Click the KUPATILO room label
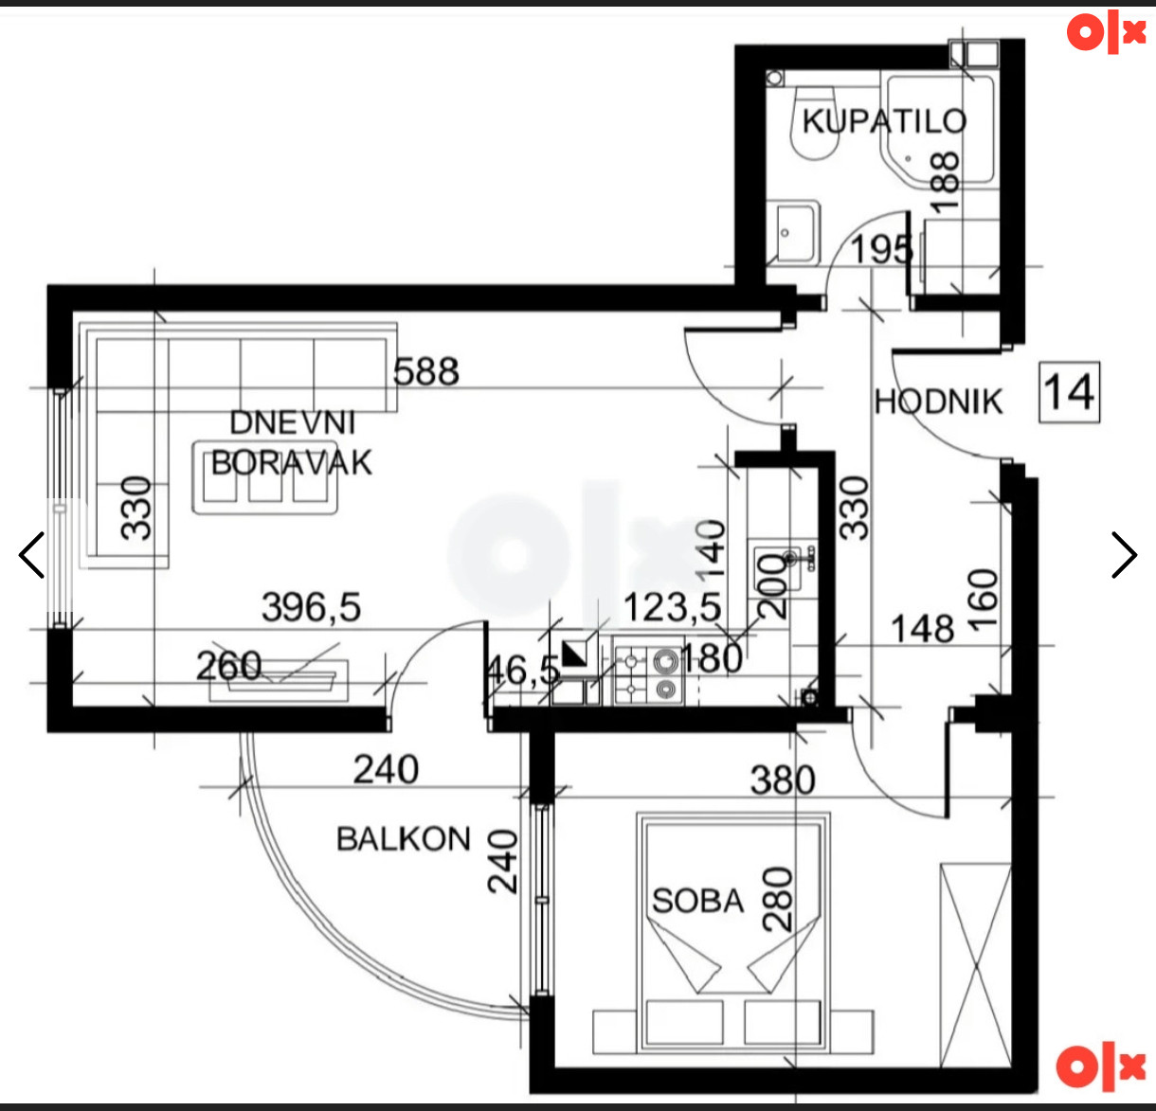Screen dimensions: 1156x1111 [884, 121]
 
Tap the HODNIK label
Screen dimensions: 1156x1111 [938, 402]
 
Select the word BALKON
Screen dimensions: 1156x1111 [404, 839]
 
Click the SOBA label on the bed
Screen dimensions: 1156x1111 [698, 901]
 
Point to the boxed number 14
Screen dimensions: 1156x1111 [1069, 392]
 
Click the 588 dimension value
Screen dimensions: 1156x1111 [426, 371]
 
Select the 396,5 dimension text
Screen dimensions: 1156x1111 [312, 607]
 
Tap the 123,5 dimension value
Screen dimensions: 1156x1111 [673, 607]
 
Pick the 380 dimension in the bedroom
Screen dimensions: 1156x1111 [783, 779]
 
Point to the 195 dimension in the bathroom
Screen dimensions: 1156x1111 [881, 249]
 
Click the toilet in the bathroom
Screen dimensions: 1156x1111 [815, 123]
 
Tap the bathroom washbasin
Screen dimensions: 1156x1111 [793, 232]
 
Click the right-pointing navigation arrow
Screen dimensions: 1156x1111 [1125, 555]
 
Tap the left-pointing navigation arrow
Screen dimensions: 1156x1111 [31, 555]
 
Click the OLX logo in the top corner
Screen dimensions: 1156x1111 [1106, 32]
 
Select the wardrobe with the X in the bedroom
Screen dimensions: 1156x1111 [975, 965]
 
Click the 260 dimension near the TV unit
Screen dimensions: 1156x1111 [228, 666]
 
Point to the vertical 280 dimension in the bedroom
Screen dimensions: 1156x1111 [777, 899]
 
